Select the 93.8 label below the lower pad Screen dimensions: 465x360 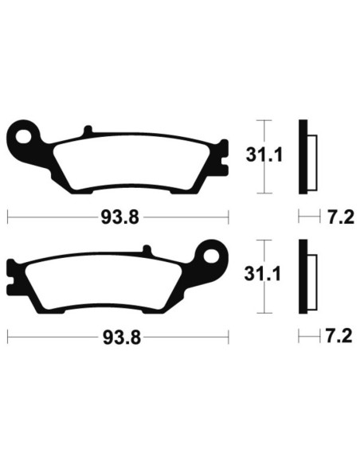[x=117, y=337]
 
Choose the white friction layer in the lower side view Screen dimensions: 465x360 [x=311, y=279]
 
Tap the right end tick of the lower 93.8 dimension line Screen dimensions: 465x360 [x=229, y=337]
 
